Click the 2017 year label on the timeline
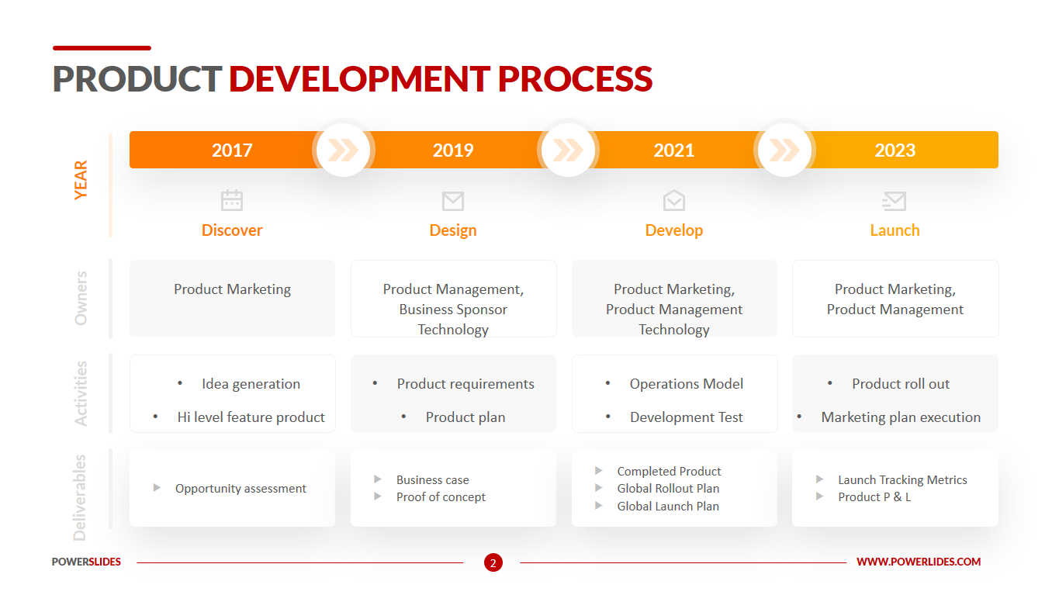(232, 150)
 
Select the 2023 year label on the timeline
(895, 150)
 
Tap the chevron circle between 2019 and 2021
(568, 150)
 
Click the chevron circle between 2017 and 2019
(343, 150)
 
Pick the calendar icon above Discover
(232, 200)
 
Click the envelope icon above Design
(453, 201)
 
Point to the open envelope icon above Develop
(673, 200)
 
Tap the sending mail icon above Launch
(894, 201)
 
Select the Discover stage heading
(232, 230)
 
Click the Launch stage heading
(895, 230)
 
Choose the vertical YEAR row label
(81, 180)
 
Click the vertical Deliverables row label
(80, 498)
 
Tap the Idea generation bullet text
(251, 384)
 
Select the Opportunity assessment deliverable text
(241, 488)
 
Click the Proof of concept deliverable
(441, 496)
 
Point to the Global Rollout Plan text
(668, 488)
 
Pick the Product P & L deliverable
(874, 496)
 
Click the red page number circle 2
(493, 562)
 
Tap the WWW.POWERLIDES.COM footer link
(919, 562)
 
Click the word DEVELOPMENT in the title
(359, 78)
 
